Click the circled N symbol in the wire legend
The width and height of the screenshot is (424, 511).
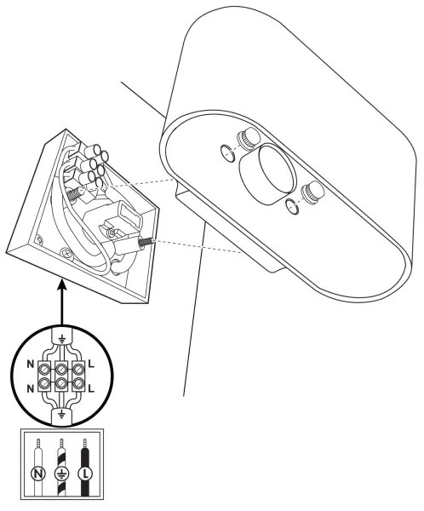[x=38, y=474]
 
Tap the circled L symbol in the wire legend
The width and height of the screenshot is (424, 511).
[x=85, y=474]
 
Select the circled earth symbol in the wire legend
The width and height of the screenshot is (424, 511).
[x=61, y=474]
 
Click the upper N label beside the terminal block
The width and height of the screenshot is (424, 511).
[x=31, y=364]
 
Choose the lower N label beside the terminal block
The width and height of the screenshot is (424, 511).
[x=31, y=388]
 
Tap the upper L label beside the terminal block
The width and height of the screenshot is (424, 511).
[x=91, y=364]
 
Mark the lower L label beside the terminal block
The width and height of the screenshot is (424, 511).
[x=91, y=388]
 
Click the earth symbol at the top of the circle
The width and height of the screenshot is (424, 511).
[x=61, y=339]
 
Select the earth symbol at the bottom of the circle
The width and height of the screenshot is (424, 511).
[x=61, y=415]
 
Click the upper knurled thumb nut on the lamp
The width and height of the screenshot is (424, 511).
[x=248, y=138]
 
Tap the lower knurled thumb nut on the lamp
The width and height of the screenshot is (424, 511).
[x=312, y=193]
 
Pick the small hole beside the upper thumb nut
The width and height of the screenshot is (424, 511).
[x=227, y=153]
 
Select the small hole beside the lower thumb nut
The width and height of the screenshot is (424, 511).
[x=292, y=207]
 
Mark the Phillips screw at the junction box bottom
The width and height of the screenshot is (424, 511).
[x=66, y=253]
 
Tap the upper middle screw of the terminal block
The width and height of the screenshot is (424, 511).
[x=61, y=370]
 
